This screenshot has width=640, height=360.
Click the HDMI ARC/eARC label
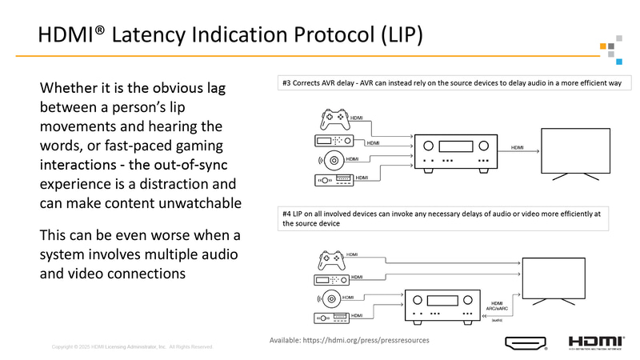[x=497, y=307]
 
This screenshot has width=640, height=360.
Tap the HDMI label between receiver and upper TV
[x=518, y=148]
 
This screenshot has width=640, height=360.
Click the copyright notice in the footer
[x=132, y=346]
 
